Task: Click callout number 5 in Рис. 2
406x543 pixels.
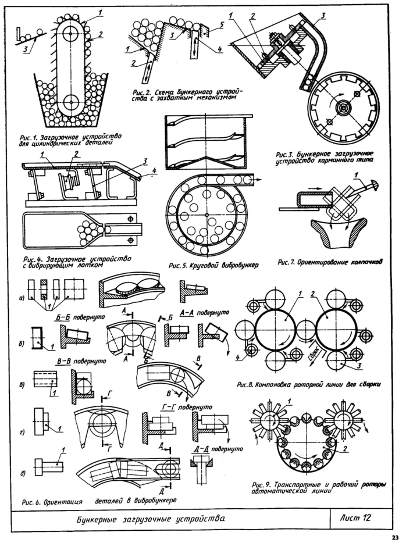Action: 222,26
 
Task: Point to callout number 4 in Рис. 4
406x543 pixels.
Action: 154,171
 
